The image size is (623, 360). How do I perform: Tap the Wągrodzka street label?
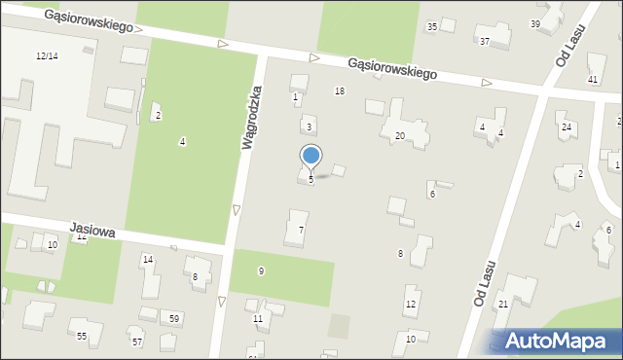point(250,117)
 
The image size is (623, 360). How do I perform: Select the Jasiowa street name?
point(92,231)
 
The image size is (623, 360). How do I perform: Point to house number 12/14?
point(47,56)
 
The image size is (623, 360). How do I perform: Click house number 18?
point(340,90)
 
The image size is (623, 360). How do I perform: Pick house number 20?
point(400,136)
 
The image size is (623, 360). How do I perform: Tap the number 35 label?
point(432,26)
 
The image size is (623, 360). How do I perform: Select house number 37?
point(485,41)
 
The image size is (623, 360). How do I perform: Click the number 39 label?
point(534,23)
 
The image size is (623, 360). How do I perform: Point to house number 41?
point(593,79)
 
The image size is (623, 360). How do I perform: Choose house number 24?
point(566,127)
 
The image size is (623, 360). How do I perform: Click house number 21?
point(503,305)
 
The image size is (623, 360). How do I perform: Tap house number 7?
point(302,230)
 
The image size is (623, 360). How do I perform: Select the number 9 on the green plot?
point(261,270)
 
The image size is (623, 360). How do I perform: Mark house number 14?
point(148,260)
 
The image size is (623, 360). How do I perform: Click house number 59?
point(174,318)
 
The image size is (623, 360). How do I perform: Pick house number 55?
point(82,336)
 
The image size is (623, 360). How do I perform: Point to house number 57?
point(137,342)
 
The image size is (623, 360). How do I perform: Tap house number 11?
point(258,318)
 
